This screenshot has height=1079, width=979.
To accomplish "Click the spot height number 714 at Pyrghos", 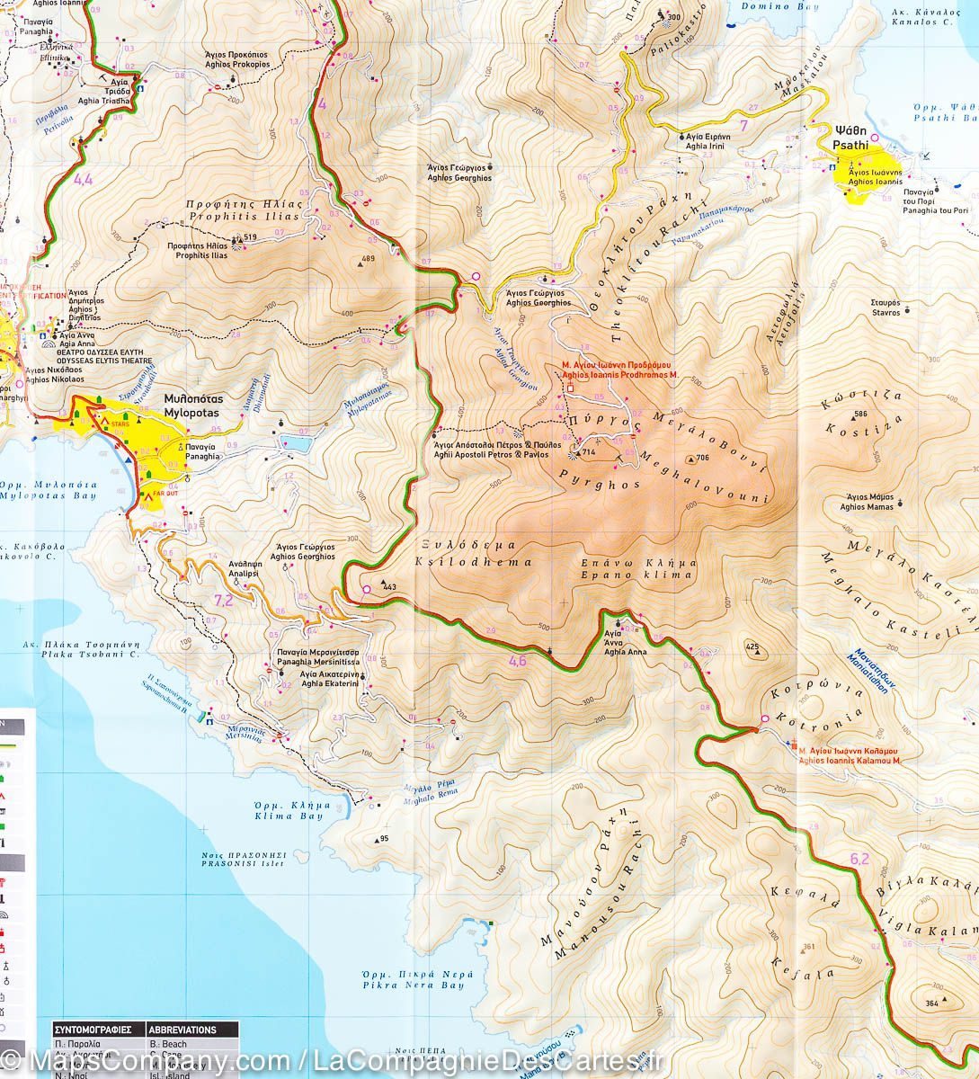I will tap(591, 451).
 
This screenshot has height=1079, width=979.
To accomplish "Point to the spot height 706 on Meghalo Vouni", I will tap(702, 459).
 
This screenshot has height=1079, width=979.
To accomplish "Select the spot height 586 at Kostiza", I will tap(860, 414).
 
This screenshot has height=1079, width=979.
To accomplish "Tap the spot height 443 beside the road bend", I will tap(389, 586).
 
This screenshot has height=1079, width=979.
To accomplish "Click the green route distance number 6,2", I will tap(859, 859).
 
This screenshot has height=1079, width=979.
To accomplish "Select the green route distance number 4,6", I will tap(517, 662).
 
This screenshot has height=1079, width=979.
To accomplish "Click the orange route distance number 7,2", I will tap(224, 600).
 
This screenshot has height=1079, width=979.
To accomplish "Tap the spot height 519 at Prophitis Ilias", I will tap(250, 237).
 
